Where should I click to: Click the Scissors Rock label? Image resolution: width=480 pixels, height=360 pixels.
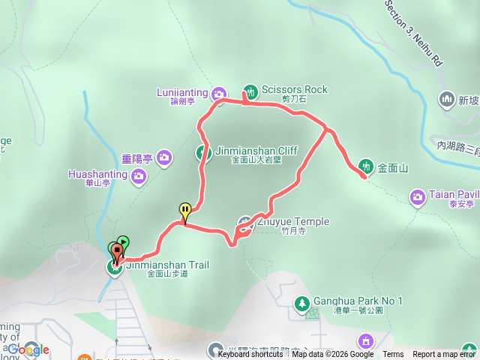(x=295, y=89)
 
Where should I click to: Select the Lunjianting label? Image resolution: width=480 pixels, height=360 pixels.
(x=182, y=92)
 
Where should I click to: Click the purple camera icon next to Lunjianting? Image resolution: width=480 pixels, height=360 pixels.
(x=218, y=93)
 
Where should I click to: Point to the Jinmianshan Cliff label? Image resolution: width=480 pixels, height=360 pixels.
(x=256, y=151)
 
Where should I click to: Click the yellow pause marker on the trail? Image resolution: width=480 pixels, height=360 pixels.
(x=184, y=211)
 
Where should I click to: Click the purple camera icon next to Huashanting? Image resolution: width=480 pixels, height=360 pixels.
(x=139, y=176)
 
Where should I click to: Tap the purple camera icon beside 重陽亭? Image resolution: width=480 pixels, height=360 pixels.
(x=165, y=158)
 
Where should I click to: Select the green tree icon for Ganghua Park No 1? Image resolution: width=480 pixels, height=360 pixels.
(x=302, y=302)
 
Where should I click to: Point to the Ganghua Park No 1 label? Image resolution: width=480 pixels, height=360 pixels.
(x=358, y=301)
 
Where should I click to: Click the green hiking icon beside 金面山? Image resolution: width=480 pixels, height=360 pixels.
(x=366, y=165)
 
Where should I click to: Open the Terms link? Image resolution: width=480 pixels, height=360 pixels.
(x=393, y=355)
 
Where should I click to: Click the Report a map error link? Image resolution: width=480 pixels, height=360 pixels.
(x=444, y=355)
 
